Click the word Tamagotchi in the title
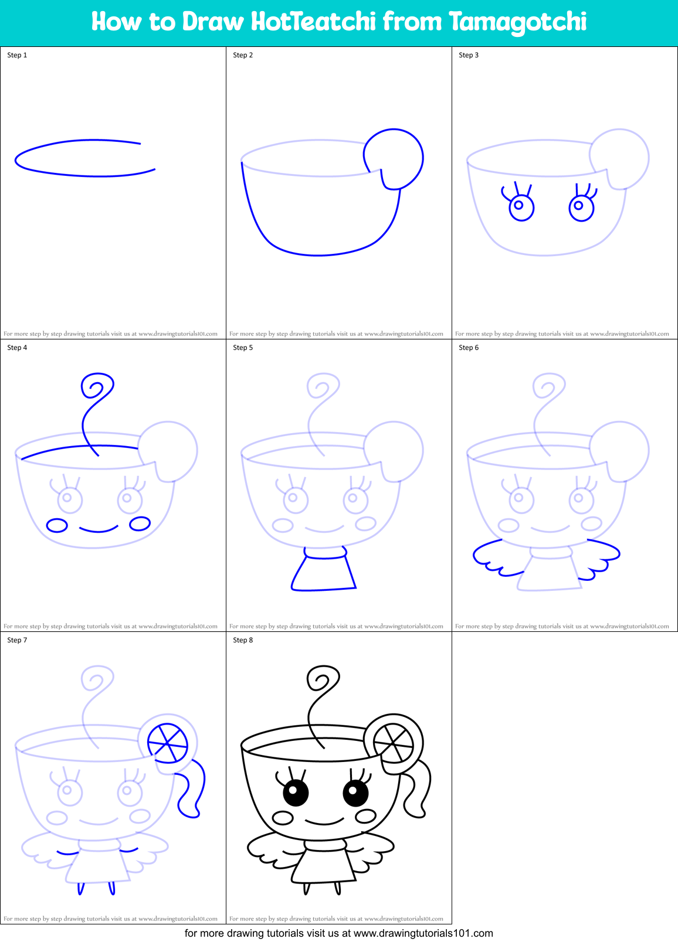(517, 22)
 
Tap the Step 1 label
(17, 55)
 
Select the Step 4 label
(17, 348)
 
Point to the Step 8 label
(243, 640)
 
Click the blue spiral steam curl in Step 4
(97, 388)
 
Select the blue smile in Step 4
(98, 530)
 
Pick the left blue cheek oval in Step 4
(57, 525)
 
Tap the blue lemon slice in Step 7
(167, 743)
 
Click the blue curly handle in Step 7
(194, 788)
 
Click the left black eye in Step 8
(296, 794)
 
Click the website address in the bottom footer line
(423, 933)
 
